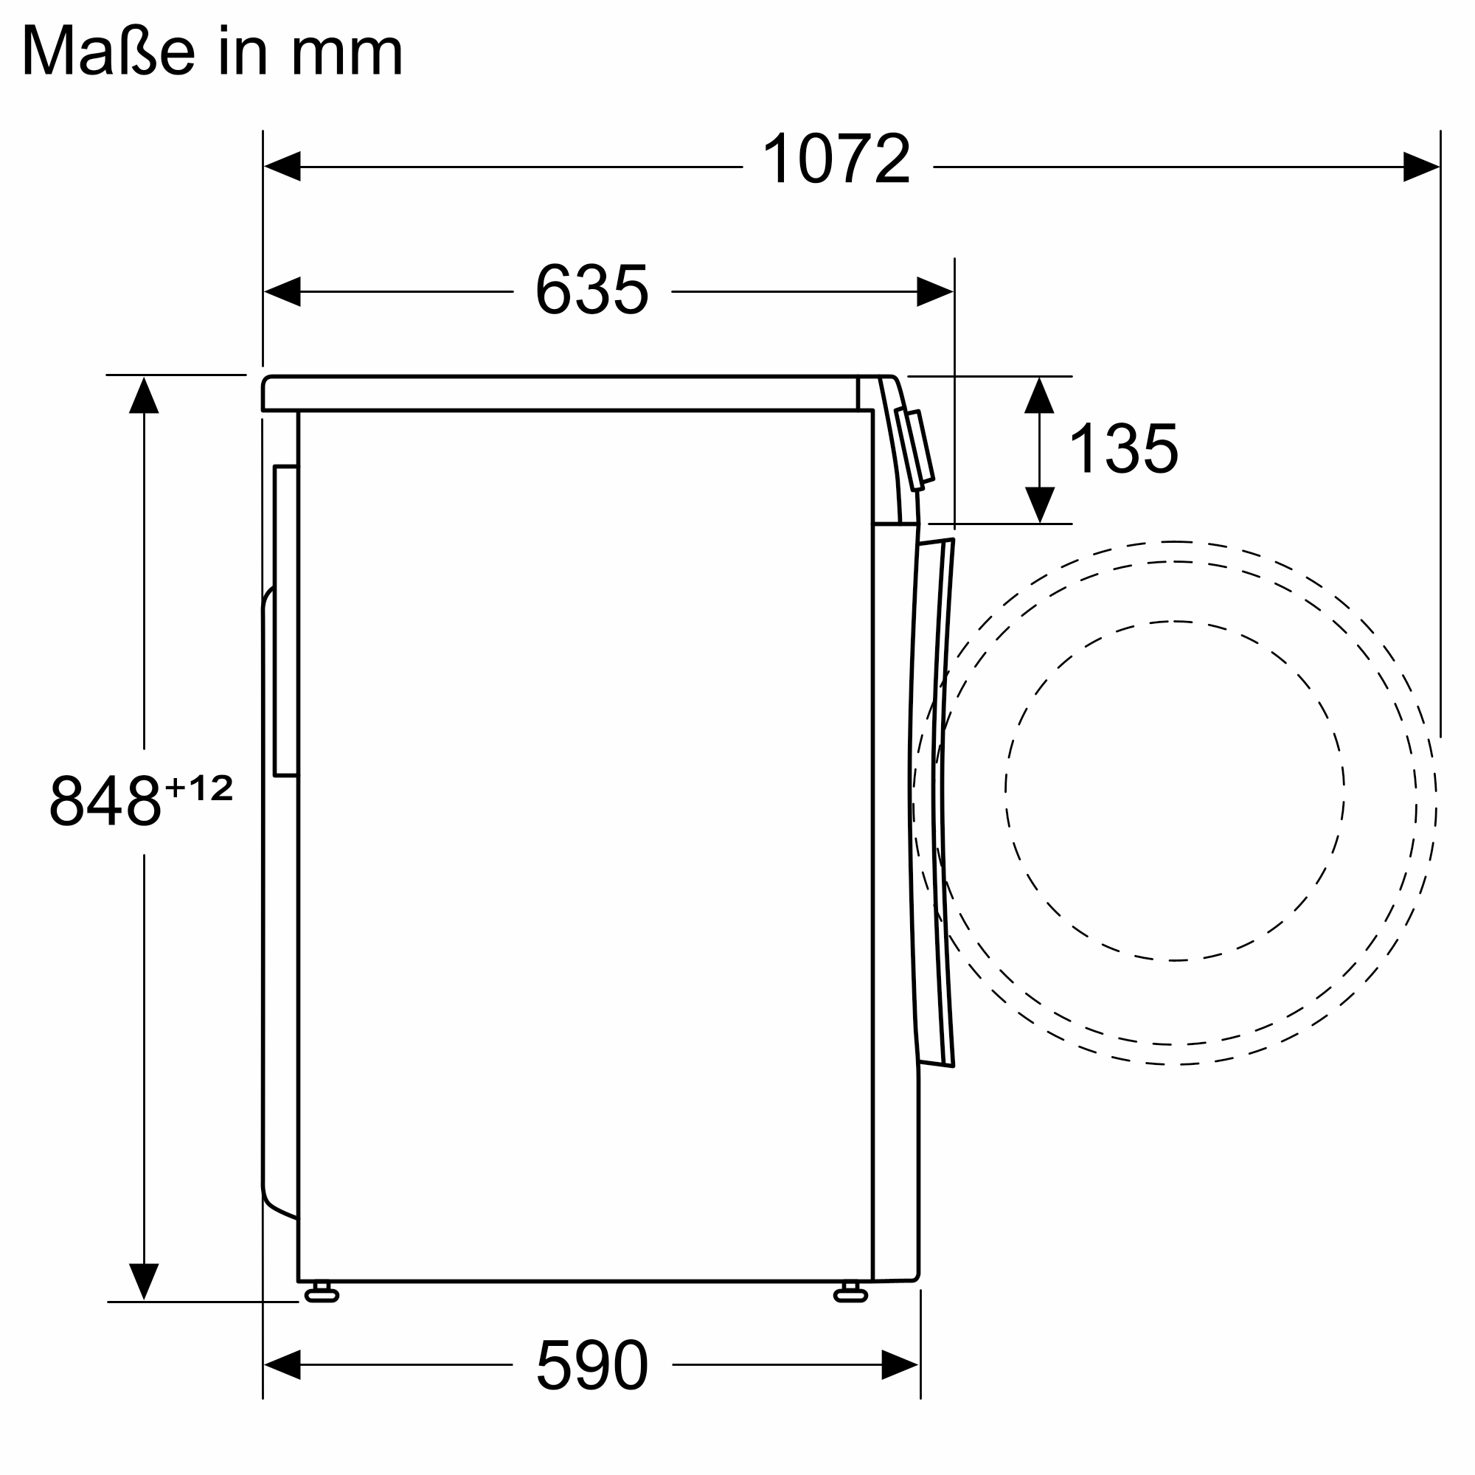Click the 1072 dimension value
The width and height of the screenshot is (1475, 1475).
click(837, 158)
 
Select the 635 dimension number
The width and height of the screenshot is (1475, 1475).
click(591, 288)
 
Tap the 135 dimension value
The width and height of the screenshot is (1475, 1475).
click(1124, 448)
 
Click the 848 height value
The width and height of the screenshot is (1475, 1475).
click(105, 799)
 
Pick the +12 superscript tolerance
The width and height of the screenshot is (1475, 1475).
click(198, 787)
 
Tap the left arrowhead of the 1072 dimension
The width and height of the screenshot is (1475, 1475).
click(282, 167)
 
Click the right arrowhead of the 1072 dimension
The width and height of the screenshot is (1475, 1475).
click(1421, 167)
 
